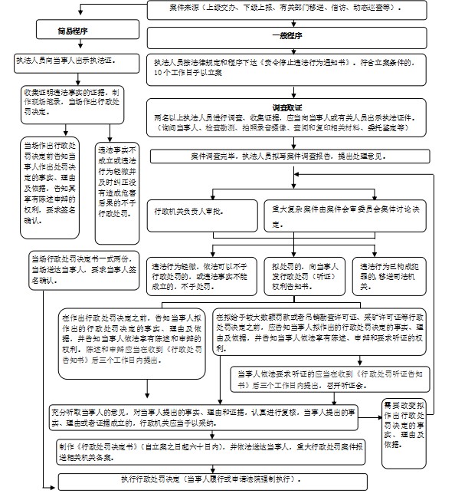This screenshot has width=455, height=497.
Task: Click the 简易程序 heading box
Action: pyautogui.click(x=72, y=31)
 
